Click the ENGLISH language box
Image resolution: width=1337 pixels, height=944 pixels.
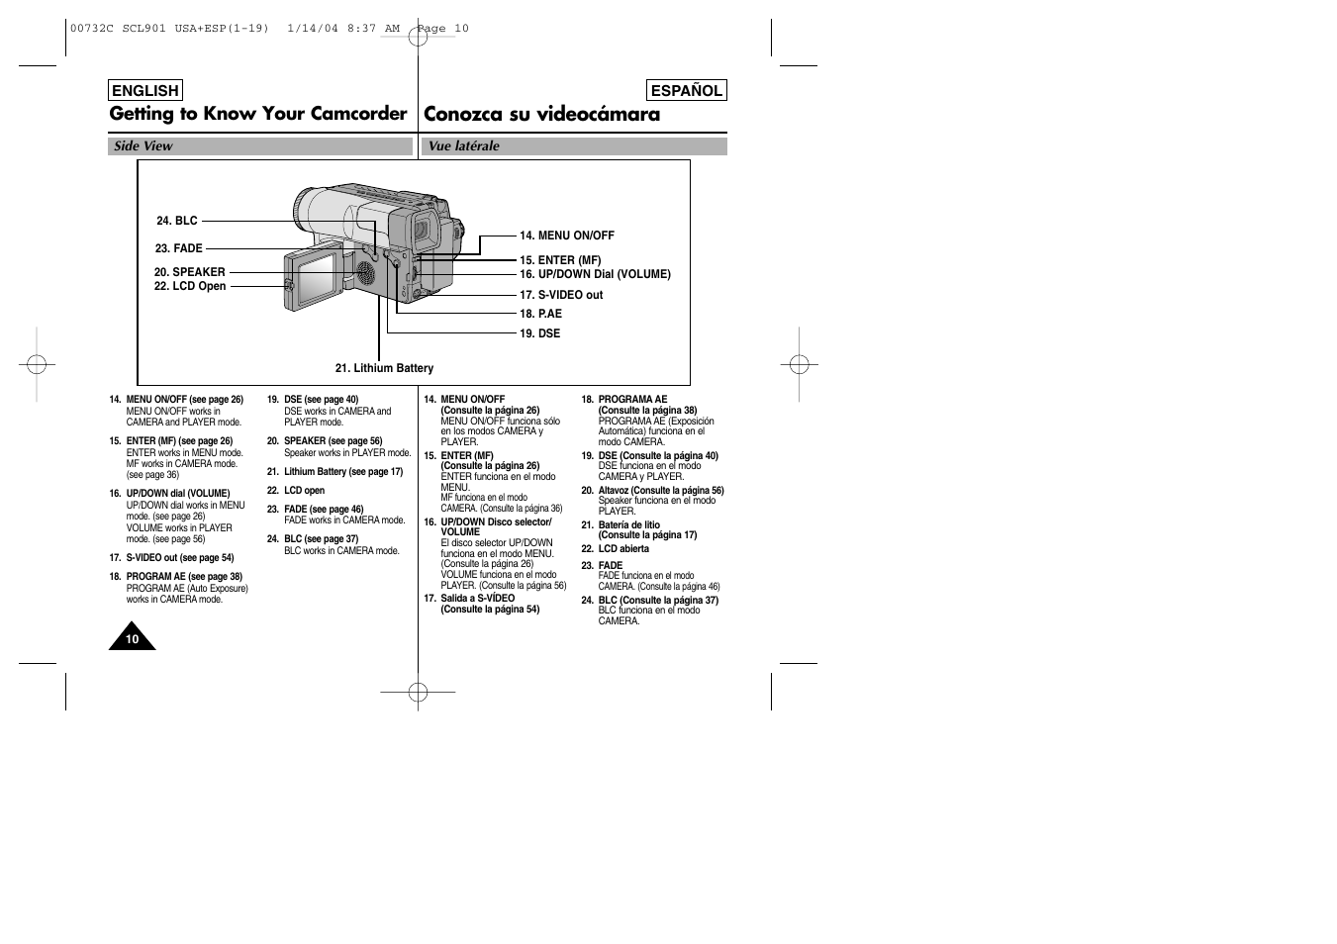(x=145, y=91)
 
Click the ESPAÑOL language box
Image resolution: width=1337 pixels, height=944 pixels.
(x=686, y=91)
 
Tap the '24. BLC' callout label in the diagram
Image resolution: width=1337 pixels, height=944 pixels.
(x=177, y=222)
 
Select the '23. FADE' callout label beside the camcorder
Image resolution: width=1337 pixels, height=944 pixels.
(x=179, y=248)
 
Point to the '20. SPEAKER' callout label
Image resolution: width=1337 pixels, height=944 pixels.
(x=189, y=272)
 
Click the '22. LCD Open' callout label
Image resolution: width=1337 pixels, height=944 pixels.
(x=190, y=286)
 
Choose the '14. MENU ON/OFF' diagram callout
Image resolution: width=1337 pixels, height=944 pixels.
(x=566, y=236)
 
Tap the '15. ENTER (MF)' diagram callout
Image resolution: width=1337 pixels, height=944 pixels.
(x=560, y=260)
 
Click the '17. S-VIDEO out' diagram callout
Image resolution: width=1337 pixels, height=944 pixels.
(x=561, y=295)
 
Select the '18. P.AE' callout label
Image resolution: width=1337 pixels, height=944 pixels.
(x=540, y=314)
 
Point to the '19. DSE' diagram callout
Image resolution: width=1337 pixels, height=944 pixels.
(x=539, y=333)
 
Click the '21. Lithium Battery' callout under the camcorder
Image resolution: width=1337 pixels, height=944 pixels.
(x=384, y=368)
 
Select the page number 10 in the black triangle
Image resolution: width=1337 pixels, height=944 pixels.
(x=132, y=639)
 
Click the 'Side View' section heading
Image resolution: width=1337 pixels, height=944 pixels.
(x=143, y=146)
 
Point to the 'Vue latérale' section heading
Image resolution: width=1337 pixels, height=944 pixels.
(x=464, y=146)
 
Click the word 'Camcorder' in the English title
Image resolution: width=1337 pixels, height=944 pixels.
(x=358, y=114)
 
